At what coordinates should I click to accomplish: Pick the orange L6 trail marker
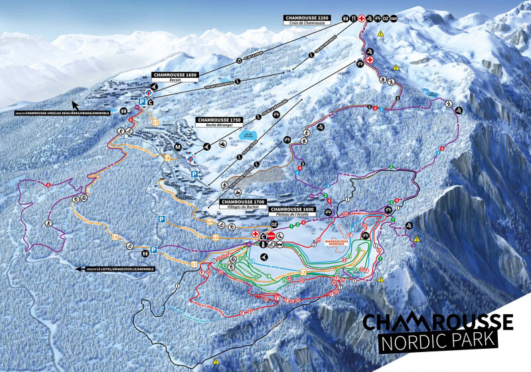(x=168, y=157)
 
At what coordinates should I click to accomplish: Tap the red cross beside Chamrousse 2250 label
(x=362, y=19)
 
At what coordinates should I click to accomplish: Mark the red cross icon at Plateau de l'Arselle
(x=255, y=234)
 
